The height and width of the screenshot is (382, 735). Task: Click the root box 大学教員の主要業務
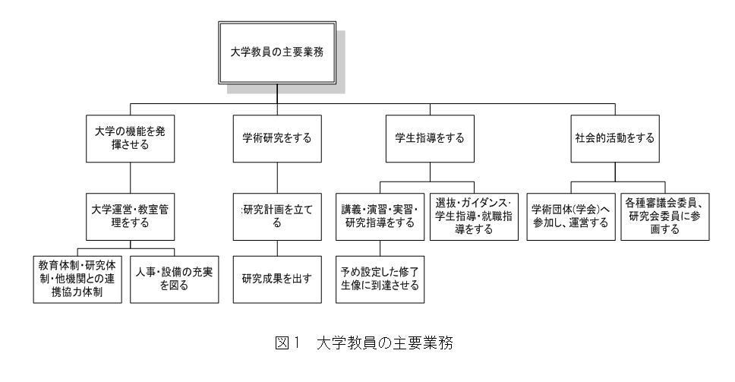click(x=277, y=52)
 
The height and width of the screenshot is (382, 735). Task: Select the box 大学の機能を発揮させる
click(x=131, y=139)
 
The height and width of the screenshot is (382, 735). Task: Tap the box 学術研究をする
click(x=277, y=139)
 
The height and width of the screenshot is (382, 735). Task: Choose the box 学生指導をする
click(x=430, y=139)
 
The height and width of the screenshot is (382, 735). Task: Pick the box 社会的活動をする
click(x=615, y=139)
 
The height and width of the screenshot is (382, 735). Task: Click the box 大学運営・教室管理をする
click(x=131, y=216)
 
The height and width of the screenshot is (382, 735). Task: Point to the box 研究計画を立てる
click(x=277, y=216)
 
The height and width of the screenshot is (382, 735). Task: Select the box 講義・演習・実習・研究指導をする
click(x=380, y=216)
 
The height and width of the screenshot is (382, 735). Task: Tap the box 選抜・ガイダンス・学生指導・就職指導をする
click(x=474, y=216)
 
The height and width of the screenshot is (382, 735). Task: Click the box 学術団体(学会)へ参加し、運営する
click(x=571, y=216)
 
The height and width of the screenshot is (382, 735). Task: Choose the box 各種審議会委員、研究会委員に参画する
click(x=665, y=216)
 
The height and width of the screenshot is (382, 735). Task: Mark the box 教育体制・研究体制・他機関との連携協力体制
click(x=77, y=279)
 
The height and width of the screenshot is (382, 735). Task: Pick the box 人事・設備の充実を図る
click(x=175, y=279)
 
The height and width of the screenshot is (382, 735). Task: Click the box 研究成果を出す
click(x=277, y=279)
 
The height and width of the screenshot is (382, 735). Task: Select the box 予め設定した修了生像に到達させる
click(x=380, y=279)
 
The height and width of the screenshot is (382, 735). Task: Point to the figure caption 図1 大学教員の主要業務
click(x=364, y=343)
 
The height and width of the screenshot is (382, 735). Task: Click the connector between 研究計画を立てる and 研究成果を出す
click(x=277, y=248)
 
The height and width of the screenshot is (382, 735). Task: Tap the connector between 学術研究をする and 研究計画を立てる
click(x=277, y=178)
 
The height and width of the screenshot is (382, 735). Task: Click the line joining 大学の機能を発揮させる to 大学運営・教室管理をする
click(x=131, y=178)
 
